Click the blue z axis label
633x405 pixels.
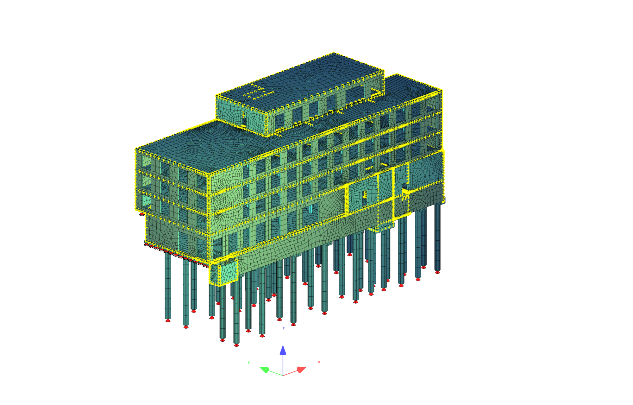284,328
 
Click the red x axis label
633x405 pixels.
319,362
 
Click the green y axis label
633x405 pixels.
249,362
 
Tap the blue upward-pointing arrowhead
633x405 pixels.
283,350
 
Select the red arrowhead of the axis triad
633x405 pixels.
301,370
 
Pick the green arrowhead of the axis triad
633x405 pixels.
265,370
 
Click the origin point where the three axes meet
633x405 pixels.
283,376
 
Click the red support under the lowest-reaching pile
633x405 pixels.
236,345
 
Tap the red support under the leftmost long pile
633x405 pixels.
168,320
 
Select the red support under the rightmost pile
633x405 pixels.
437,272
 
